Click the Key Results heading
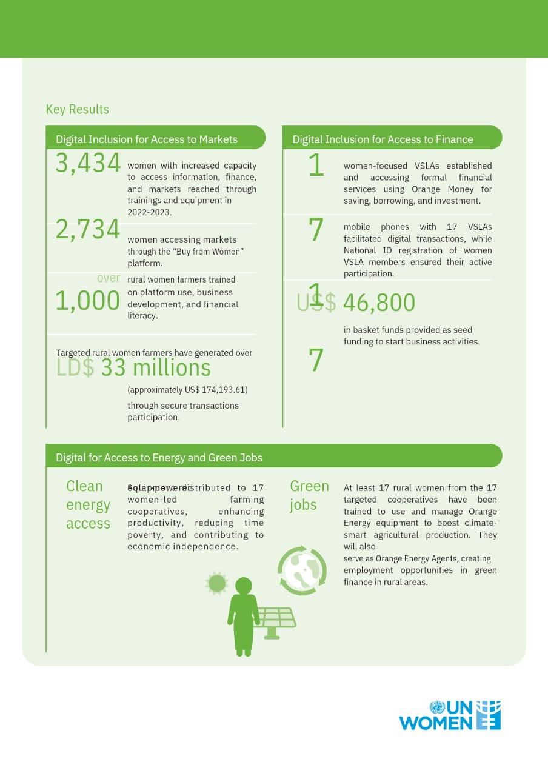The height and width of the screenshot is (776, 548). click(x=77, y=109)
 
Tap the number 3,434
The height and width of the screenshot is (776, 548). click(x=88, y=163)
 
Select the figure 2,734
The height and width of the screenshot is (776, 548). click(x=88, y=230)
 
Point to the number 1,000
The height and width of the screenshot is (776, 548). click(x=88, y=301)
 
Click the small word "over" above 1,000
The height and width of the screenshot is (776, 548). click(x=109, y=278)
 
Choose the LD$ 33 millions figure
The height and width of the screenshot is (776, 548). click(x=133, y=368)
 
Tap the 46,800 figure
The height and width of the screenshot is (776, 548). click(x=379, y=303)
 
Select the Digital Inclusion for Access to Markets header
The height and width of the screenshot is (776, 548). click(x=147, y=139)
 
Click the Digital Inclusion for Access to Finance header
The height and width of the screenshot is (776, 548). click(x=383, y=139)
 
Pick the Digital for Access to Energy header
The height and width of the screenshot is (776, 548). click(x=159, y=457)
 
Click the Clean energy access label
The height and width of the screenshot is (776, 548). click(x=88, y=504)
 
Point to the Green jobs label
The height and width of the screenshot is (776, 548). click(x=309, y=495)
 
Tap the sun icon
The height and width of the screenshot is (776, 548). click(x=216, y=583)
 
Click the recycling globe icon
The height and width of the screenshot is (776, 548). click(x=302, y=570)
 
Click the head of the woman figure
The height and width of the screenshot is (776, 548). click(x=243, y=586)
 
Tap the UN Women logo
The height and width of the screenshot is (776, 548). click(x=450, y=715)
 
